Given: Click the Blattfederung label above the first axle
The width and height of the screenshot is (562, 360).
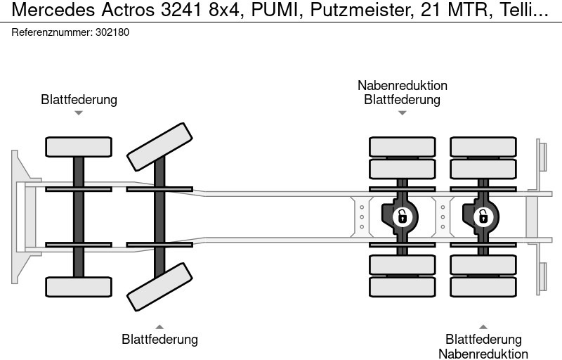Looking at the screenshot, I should click(x=79, y=99).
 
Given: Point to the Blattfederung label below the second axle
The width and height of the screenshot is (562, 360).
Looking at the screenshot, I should click(x=159, y=340).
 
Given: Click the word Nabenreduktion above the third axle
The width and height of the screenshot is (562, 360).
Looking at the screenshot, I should click(x=402, y=86).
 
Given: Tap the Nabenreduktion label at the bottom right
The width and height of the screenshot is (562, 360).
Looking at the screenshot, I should click(x=483, y=354).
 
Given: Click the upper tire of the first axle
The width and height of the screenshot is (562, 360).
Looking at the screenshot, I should click(x=79, y=146).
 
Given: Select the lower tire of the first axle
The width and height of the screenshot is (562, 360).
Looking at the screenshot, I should click(x=79, y=286).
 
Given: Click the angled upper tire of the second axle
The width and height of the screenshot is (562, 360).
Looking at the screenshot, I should click(x=160, y=146).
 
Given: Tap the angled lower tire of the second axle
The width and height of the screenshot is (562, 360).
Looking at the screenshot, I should click(x=160, y=286).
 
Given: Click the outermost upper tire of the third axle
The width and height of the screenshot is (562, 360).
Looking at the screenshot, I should click(x=402, y=146).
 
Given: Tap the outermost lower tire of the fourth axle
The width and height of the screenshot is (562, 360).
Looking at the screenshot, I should click(x=483, y=287).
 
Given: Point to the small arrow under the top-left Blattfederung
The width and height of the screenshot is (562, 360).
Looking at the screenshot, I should click(x=79, y=112).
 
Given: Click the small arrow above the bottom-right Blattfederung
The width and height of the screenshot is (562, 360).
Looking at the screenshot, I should click(x=483, y=326).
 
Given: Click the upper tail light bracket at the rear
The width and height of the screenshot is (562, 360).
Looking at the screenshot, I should click(x=542, y=155).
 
